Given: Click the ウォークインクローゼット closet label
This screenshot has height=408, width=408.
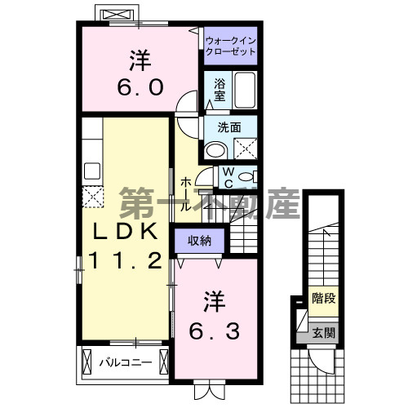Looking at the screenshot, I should [230, 44].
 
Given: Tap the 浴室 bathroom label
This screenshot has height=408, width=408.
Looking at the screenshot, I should [220, 89].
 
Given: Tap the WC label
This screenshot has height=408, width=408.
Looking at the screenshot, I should [228, 177].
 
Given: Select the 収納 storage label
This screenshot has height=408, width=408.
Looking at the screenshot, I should [200, 240].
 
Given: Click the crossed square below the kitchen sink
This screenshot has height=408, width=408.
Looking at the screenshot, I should [92, 197].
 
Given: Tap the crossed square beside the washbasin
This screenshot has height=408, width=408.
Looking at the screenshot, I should [244, 149].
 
